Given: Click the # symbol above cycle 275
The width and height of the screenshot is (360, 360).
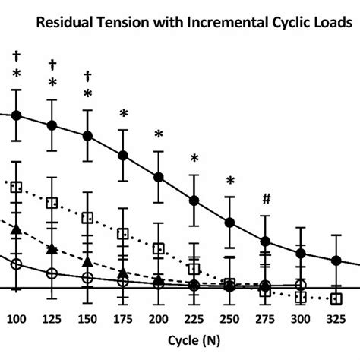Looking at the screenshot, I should [265, 200].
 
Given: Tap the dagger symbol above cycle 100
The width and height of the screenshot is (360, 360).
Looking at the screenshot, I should [17, 55].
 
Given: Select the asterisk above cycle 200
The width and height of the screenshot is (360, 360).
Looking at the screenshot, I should [159, 135].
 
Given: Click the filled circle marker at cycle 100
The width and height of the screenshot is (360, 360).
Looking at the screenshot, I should [17, 115].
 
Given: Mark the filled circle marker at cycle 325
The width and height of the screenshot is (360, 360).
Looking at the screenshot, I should [336, 261].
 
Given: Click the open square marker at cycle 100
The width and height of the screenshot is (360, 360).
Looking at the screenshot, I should [17, 187].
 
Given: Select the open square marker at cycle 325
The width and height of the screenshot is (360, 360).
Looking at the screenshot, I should [336, 298].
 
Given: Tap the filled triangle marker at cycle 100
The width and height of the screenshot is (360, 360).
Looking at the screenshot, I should [17, 228].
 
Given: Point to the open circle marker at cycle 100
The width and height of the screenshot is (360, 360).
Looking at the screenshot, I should [17, 264].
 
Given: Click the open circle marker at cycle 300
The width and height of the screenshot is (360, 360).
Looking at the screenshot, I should [300, 285].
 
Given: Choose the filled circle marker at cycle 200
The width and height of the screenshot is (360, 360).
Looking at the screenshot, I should [159, 177].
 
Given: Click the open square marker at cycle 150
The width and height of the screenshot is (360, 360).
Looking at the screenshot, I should [87, 218].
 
